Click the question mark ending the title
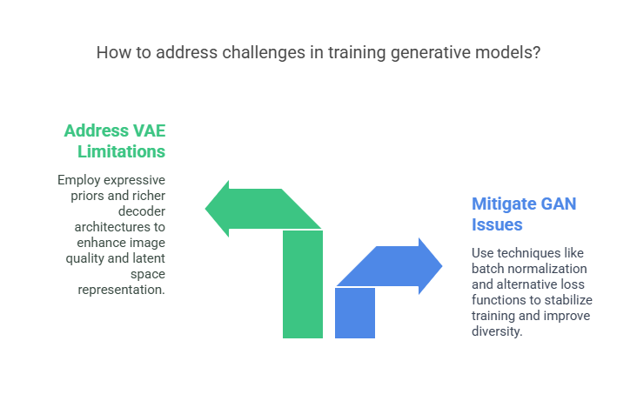pyautogui.click(x=536, y=52)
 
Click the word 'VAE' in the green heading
pyautogui.click(x=150, y=130)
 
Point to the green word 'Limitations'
pyautogui.click(x=122, y=151)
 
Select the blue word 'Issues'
pyautogui.click(x=497, y=224)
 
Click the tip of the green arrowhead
pyautogui.click(x=205, y=209)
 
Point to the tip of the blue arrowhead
pyautogui.click(x=442, y=266)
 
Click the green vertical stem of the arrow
pyautogui.click(x=303, y=284)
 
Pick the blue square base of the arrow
pyautogui.click(x=355, y=313)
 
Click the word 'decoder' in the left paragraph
pyautogui.click(x=142, y=211)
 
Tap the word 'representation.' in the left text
pyautogui.click(x=122, y=290)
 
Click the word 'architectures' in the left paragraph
pyautogui.click(x=120, y=227)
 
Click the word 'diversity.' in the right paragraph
pyautogui.click(x=497, y=331)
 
